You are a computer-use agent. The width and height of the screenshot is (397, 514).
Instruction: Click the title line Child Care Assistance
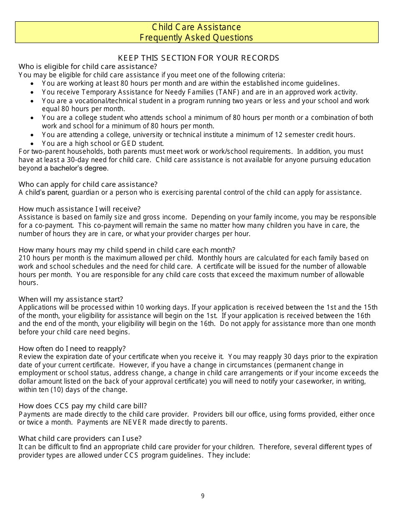click(196, 27)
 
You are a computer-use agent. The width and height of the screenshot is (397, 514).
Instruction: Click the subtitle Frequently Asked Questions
click(196, 38)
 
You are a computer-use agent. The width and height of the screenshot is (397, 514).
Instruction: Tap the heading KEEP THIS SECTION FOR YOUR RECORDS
click(198, 58)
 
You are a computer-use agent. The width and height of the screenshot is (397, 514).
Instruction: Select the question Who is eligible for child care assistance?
click(88, 66)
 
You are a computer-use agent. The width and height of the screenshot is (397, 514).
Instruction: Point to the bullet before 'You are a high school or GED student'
click(33, 143)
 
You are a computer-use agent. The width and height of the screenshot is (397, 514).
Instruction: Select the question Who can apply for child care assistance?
click(88, 184)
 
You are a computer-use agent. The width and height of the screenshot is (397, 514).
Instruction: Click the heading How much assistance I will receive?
click(79, 209)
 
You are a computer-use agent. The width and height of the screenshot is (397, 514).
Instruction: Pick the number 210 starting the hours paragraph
click(24, 258)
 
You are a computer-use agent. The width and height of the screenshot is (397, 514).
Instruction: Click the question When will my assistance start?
click(71, 299)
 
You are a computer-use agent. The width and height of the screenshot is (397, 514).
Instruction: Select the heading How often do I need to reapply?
click(72, 349)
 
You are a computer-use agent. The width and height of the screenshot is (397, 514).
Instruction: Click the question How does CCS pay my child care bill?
click(82, 406)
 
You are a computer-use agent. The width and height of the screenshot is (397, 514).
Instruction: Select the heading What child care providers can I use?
click(80, 438)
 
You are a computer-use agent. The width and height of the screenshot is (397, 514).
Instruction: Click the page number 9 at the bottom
click(203, 496)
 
